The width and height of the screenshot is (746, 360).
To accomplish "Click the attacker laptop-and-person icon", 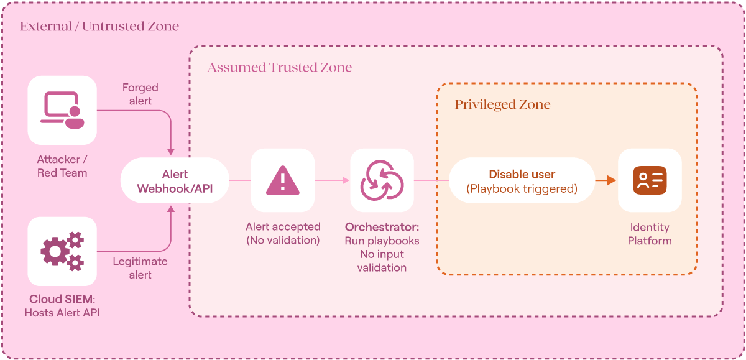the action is point(62,110).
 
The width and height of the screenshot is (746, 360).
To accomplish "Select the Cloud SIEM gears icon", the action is point(62,251).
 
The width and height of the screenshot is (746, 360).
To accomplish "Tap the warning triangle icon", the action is point(283,180).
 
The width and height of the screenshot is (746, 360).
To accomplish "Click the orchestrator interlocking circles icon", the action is point(382,180).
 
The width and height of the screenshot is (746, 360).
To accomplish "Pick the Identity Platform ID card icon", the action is point(650,180).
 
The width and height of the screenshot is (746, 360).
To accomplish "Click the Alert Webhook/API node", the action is point(175,180).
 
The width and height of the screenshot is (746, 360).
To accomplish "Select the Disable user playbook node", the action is point(522,180).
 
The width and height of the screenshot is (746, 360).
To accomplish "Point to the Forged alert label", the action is point(140,95).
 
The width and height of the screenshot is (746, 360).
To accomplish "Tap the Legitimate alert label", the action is point(140,268).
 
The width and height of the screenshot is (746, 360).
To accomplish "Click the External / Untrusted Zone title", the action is point(99,26).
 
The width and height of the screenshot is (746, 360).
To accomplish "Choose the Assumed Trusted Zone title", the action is point(279,67).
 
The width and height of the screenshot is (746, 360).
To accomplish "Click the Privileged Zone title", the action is point(502,104).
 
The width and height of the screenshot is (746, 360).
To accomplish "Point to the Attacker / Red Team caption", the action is point(62,166).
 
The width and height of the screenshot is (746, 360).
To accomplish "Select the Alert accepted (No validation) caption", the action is point(283,233).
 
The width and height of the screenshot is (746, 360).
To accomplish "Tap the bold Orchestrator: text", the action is point(382,227).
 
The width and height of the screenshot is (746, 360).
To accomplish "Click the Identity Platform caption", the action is point(650,234).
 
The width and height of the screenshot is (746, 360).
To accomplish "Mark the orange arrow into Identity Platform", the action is point(606,180).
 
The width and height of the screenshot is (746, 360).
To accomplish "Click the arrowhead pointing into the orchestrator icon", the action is point(346,180).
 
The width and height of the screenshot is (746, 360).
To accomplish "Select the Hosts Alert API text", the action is point(62,313).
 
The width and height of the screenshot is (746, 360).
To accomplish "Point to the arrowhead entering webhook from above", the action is point(171,152).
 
